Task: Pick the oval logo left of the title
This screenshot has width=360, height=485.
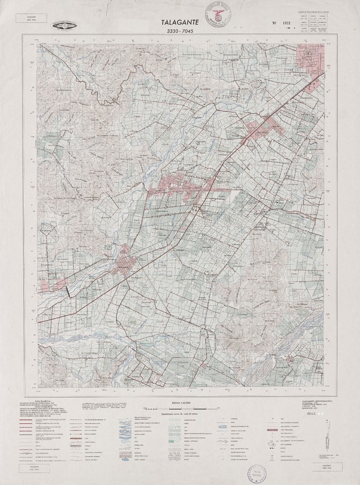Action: point(66,25)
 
